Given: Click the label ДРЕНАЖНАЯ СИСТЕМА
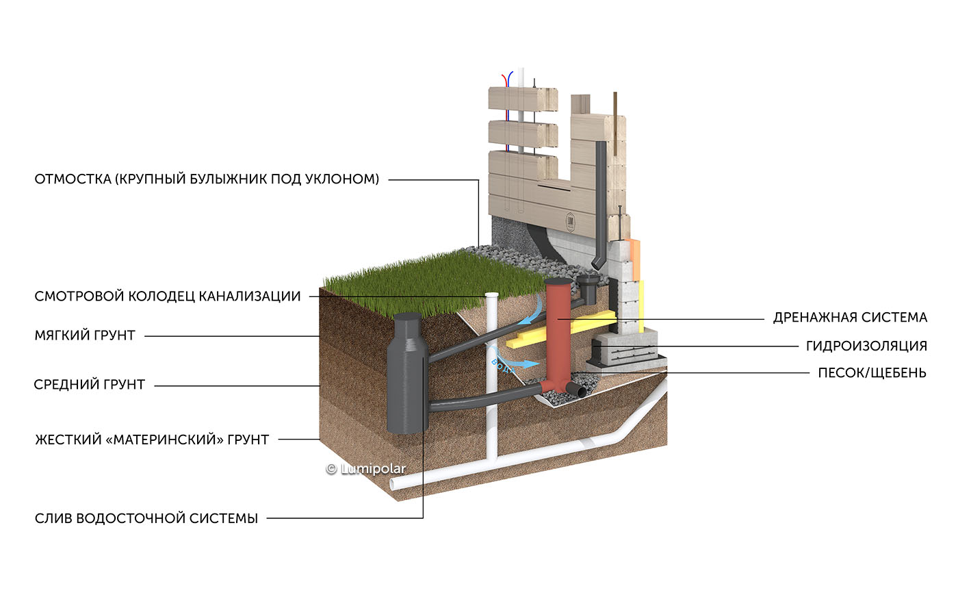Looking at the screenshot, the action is click(x=850, y=318).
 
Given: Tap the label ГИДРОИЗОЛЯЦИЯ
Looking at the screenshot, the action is click(x=866, y=346).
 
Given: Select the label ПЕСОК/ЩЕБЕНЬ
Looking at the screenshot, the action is click(x=872, y=373).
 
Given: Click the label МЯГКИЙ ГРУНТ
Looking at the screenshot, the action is click(x=85, y=335).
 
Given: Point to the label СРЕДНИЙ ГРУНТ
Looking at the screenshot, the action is click(x=90, y=385).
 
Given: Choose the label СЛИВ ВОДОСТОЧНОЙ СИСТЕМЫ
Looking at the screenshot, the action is click(x=146, y=519).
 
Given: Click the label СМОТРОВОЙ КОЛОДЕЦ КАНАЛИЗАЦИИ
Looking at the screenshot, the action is click(x=168, y=296).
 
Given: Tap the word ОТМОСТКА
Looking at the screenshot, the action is click(x=73, y=179).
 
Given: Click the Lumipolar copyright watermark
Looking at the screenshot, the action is click(x=365, y=469).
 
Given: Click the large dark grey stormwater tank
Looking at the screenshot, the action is click(x=407, y=373).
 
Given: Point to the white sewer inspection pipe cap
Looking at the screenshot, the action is click(x=492, y=295).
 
